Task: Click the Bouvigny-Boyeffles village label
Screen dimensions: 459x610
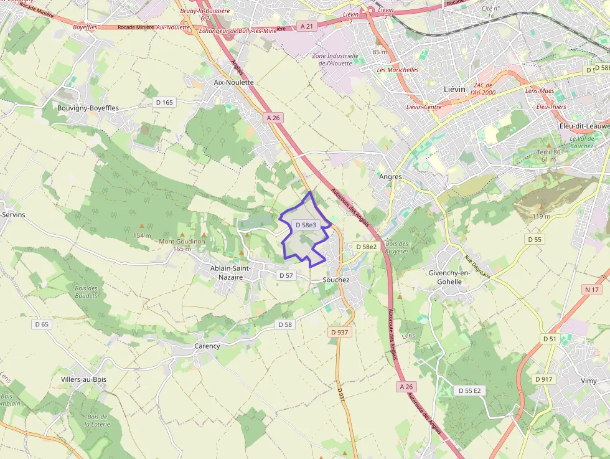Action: point(88,108)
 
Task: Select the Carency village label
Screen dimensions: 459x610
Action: point(207,346)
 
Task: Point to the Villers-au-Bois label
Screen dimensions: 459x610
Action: point(83,379)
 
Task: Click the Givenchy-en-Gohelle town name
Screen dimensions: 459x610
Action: point(454,277)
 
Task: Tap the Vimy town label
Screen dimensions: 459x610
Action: point(588,381)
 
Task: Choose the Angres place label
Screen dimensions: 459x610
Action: point(390,176)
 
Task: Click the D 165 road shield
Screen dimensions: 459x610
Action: point(164,102)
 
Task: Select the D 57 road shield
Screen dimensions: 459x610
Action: point(286,275)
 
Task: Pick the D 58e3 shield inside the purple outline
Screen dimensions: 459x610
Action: point(306,224)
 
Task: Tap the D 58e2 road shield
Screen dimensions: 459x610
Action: point(367,247)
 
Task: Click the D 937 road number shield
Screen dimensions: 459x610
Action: point(340,332)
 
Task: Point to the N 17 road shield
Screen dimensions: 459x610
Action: point(591,290)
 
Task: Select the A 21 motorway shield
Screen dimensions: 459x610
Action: point(307,26)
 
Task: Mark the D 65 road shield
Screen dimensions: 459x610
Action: point(42,324)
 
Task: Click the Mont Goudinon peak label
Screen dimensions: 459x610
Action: point(182,241)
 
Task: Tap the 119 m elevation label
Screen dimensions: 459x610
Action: point(542,216)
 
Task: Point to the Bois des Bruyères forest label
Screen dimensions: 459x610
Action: point(397,247)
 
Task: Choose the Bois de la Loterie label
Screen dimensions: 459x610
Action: point(98,420)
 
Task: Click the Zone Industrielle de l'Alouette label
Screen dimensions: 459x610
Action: point(335,59)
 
